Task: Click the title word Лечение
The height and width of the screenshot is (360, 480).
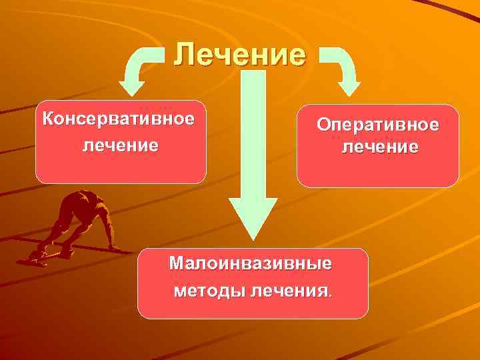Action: pos(240,53)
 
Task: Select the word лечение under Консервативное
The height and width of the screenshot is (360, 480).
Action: pos(121,145)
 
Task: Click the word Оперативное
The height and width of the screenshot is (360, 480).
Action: pos(378,125)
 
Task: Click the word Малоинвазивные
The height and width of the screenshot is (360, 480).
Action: pos(250,263)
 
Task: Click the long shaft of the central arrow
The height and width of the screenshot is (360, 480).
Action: pos(253,133)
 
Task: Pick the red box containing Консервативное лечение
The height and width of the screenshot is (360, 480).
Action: pos(121,167)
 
